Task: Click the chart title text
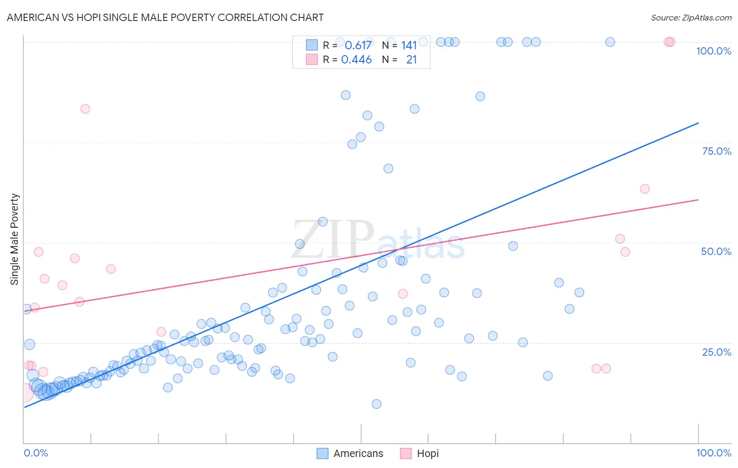165,17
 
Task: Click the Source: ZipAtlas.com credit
691,17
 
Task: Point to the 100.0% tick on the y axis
713,51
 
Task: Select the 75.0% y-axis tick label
716,151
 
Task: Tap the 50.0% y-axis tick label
716,251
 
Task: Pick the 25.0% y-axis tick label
716,352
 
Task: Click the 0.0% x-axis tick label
36,453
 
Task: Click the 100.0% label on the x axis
713,453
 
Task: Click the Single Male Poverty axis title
15,239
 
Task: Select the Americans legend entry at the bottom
350,453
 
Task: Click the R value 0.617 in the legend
358,45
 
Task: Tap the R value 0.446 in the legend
356,60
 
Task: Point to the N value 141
409,45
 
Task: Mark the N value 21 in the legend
412,60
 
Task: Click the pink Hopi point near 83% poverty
85,109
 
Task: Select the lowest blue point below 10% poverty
376,404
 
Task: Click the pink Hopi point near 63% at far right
645,189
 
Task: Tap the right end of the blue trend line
698,123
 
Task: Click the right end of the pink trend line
698,200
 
